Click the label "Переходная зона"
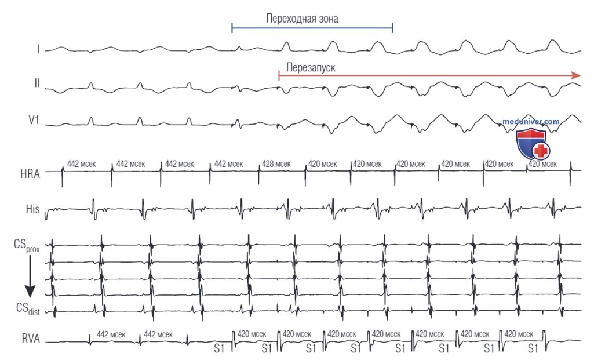click(302, 19)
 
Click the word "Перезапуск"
click(311, 68)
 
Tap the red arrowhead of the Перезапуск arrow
click(576, 75)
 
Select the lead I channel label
click(38, 49)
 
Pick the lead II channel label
click(37, 83)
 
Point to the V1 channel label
click(34, 120)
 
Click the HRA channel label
click(30, 174)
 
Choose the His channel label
click(32, 209)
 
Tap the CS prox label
click(27, 245)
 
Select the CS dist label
click(28, 308)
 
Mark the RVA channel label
click(31, 338)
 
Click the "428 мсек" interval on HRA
click(276, 165)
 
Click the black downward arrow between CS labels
click(30, 277)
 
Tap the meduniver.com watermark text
click(531, 122)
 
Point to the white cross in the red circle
click(541, 151)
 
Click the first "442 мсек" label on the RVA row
click(111, 334)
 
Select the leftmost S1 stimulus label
click(219, 348)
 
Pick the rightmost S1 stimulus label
click(533, 348)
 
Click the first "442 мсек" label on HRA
click(82, 164)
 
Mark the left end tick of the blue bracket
click(232, 28)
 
